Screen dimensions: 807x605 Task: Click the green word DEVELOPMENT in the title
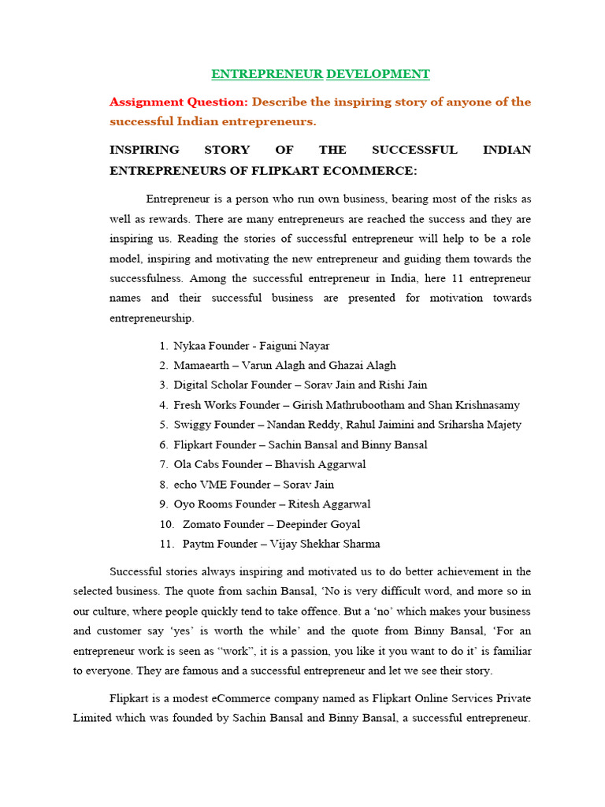coord(378,74)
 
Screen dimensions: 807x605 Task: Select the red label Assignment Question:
coord(179,102)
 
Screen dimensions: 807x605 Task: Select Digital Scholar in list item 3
coord(210,385)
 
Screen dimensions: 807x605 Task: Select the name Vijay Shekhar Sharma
coord(325,544)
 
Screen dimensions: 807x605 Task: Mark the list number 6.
coord(163,444)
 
